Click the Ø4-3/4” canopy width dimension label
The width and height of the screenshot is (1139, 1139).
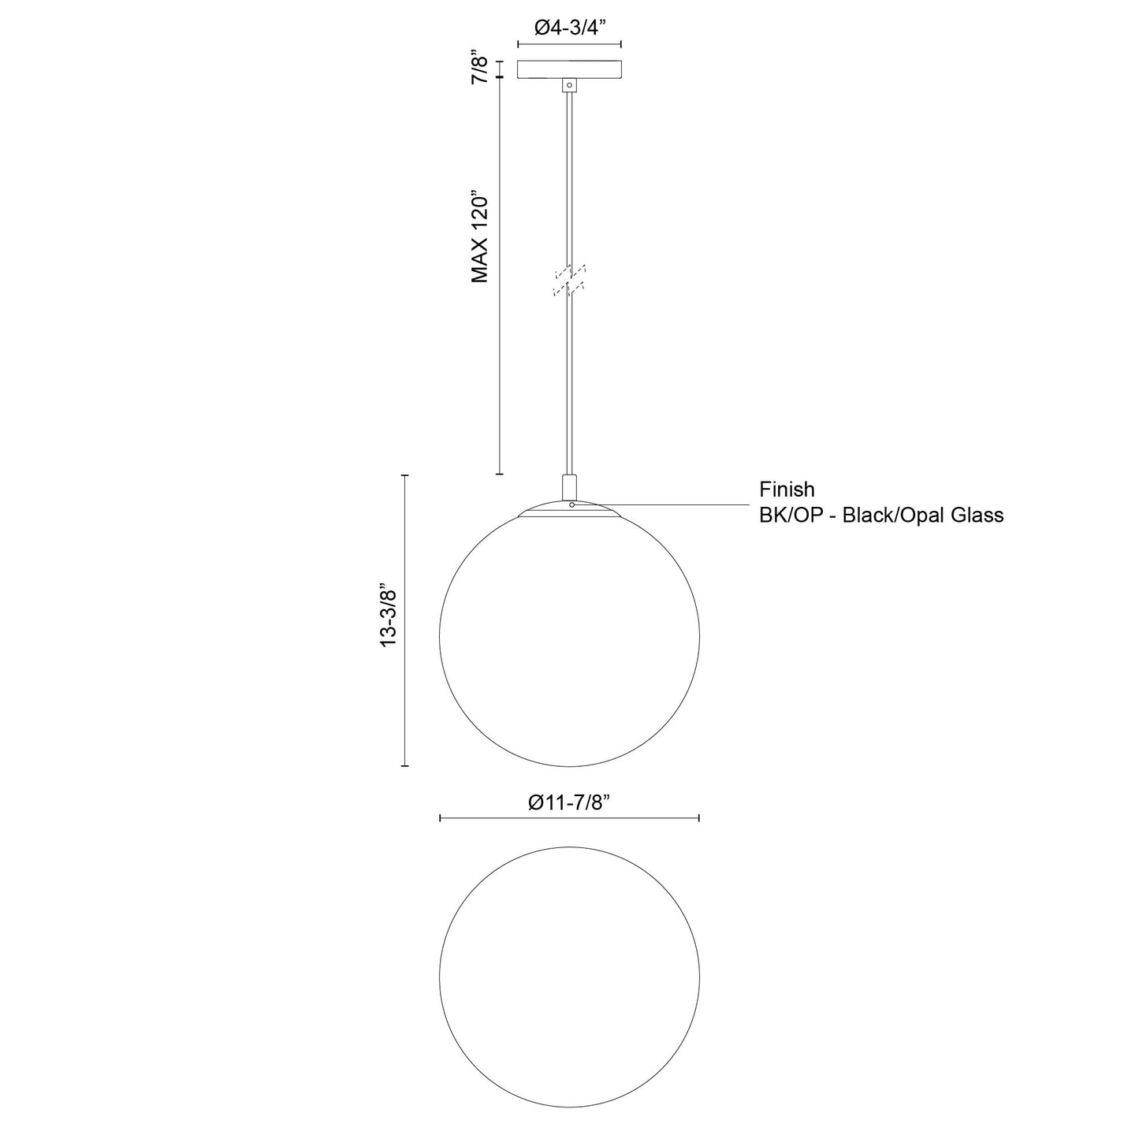[x=569, y=28]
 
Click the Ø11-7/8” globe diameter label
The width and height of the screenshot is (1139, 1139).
[x=569, y=802]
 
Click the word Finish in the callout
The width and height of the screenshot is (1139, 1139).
[x=787, y=489]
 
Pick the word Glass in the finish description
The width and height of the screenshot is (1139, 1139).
[x=977, y=516]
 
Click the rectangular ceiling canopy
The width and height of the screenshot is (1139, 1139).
[x=569, y=69]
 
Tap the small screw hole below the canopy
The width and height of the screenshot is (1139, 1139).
[x=569, y=84]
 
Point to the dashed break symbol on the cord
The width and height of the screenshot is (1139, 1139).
[x=569, y=281]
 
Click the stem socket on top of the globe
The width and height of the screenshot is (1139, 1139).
[x=569, y=485]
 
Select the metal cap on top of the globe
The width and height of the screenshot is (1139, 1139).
[x=569, y=510]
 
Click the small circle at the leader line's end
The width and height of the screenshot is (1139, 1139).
[x=571, y=504]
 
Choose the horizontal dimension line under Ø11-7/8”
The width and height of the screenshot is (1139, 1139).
[x=569, y=820]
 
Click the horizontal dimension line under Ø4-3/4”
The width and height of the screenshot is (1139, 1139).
[x=569, y=44]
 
